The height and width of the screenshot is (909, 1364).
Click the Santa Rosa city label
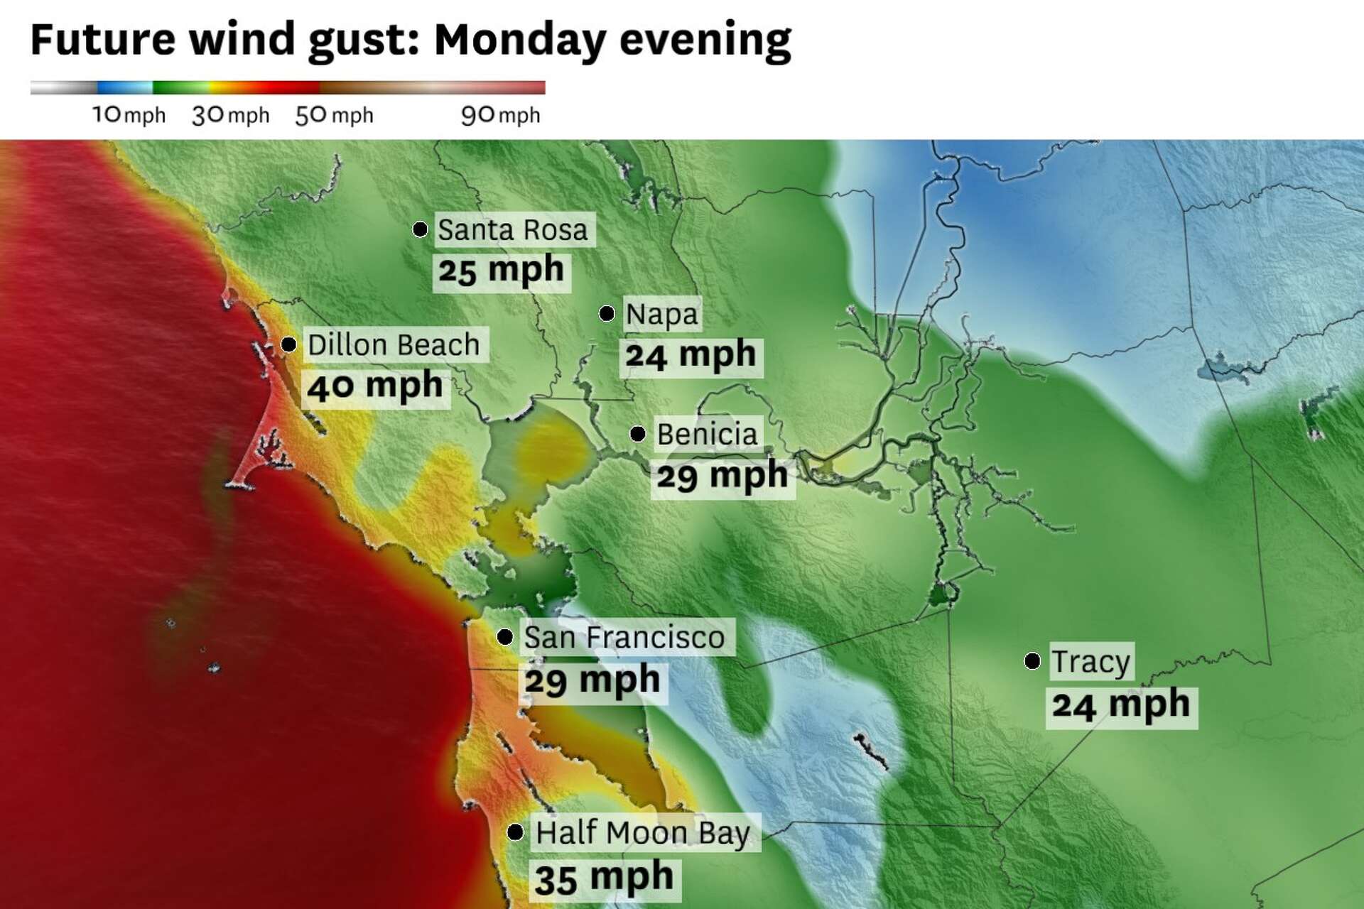point(513,230)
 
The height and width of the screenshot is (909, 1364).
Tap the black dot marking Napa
point(607,313)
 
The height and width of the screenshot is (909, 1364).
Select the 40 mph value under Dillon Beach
point(375,386)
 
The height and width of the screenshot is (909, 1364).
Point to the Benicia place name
point(707,434)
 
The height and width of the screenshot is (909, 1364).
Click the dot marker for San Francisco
point(505,636)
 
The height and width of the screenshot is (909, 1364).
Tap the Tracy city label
point(1090,662)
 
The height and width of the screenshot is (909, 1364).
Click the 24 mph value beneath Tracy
point(1120,705)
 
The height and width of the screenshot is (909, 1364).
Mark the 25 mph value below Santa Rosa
point(501,271)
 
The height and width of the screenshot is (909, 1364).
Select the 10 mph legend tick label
point(129,115)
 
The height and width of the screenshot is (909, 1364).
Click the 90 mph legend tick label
point(501,115)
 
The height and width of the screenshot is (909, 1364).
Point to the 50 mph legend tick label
point(334,115)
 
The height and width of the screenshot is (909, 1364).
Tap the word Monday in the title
point(519,39)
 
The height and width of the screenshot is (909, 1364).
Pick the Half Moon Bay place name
point(643,832)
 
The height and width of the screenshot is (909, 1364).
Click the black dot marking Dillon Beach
point(288,344)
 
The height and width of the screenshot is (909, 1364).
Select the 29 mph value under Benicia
point(722,476)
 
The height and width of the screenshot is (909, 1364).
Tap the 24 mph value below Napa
point(691,354)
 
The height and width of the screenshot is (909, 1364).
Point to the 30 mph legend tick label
point(231,115)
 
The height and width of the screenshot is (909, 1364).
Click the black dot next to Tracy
point(1032,661)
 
